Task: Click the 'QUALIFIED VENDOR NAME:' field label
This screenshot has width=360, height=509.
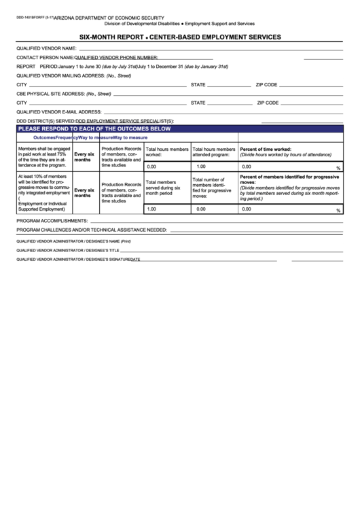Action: coord(46,49)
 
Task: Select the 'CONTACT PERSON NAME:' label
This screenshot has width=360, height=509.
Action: coord(45,58)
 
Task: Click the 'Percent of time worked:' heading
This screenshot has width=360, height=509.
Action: coord(266,149)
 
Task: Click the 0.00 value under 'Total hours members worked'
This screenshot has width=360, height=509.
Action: coord(151,166)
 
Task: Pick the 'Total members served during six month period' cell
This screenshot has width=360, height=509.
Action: coord(165,188)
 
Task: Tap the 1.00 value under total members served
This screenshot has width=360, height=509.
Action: coord(151,209)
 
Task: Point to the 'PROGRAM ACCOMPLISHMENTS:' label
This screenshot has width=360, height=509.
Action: coord(52,222)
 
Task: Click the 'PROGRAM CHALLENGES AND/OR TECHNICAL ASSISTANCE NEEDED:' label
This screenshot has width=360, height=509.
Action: coord(92,230)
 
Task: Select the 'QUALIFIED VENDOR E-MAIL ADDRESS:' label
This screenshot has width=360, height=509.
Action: coord(58,111)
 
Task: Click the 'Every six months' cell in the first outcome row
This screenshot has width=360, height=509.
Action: coord(84,157)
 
